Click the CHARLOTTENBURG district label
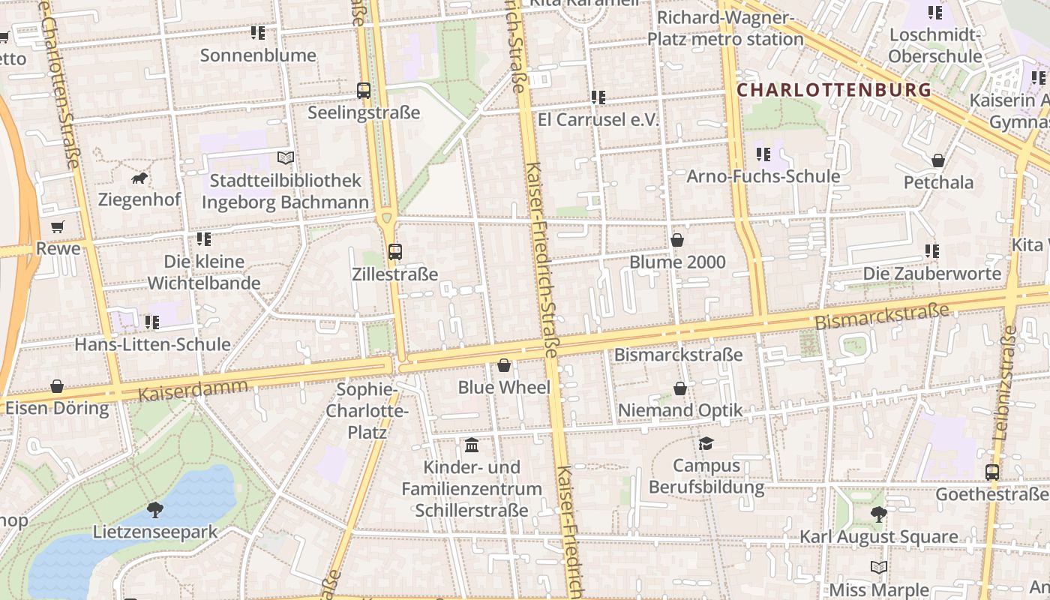click(x=834, y=91)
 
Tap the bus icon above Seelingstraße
click(x=364, y=91)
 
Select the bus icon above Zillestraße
click(x=395, y=252)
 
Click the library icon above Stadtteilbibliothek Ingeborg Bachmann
click(x=285, y=157)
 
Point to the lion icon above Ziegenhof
click(x=139, y=178)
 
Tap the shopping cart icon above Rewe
click(x=58, y=226)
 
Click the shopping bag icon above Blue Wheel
click(x=504, y=365)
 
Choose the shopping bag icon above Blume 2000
click(x=677, y=240)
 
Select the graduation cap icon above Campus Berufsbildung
click(x=706, y=443)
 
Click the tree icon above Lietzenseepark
click(x=155, y=510)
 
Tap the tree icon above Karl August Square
click(x=878, y=514)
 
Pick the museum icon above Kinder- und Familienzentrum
click(x=472, y=445)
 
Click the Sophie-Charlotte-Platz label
click(x=367, y=410)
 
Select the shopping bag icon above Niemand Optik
click(x=680, y=388)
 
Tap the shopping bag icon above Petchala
click(x=938, y=160)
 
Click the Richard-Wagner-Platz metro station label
click(x=725, y=28)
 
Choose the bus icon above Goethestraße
click(x=991, y=472)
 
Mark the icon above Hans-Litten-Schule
click(x=152, y=322)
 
